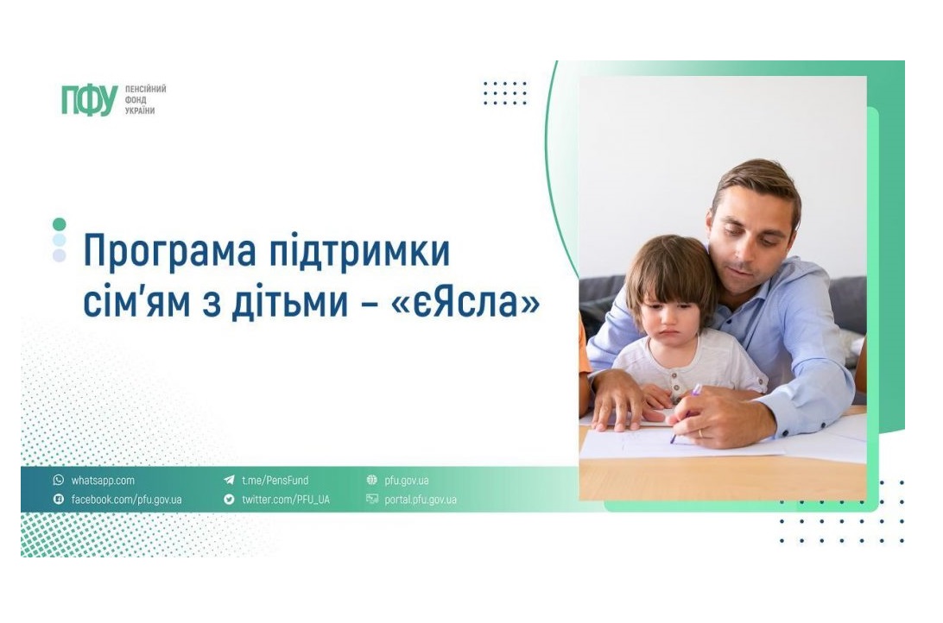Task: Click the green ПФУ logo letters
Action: pyautogui.click(x=89, y=100)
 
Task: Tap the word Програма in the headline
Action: pyautogui.click(x=169, y=251)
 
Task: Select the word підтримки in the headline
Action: pyautogui.click(x=359, y=249)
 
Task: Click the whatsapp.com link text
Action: pyautogui.click(x=103, y=481)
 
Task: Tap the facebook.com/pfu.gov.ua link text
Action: pyautogui.click(x=126, y=500)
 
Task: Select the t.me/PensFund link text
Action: pyautogui.click(x=275, y=481)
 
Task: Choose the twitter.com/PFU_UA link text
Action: pyautogui.click(x=286, y=500)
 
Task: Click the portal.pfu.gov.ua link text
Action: pyautogui.click(x=421, y=500)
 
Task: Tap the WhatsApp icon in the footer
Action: pyautogui.click(x=59, y=480)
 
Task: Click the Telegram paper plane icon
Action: pyautogui.click(x=229, y=480)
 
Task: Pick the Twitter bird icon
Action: pyautogui.click(x=229, y=500)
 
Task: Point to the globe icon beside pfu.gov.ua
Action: pyautogui.click(x=371, y=480)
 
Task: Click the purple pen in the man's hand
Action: pyautogui.click(x=687, y=413)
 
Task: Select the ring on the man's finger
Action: pyautogui.click(x=700, y=433)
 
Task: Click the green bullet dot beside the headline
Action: pyautogui.click(x=59, y=224)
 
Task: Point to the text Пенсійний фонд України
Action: pyautogui.click(x=145, y=100)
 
